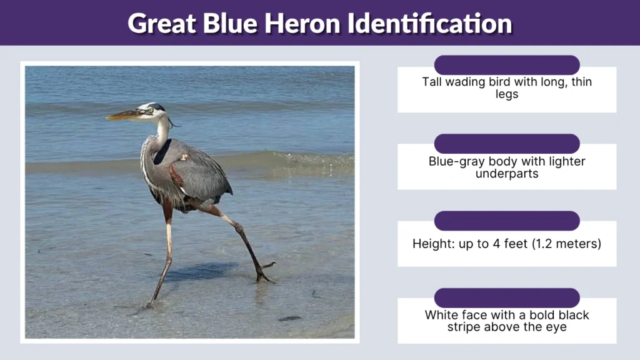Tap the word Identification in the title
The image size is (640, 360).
(x=431, y=23)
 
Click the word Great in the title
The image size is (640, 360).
(x=162, y=23)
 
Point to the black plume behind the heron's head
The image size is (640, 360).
(x=173, y=122)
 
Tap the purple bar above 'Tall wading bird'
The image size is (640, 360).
(x=507, y=65)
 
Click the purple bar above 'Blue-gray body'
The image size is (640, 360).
(x=507, y=143)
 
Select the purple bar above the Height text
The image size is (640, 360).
(x=507, y=221)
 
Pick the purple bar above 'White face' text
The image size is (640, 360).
(x=507, y=297)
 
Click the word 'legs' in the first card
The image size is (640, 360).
(x=507, y=94)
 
